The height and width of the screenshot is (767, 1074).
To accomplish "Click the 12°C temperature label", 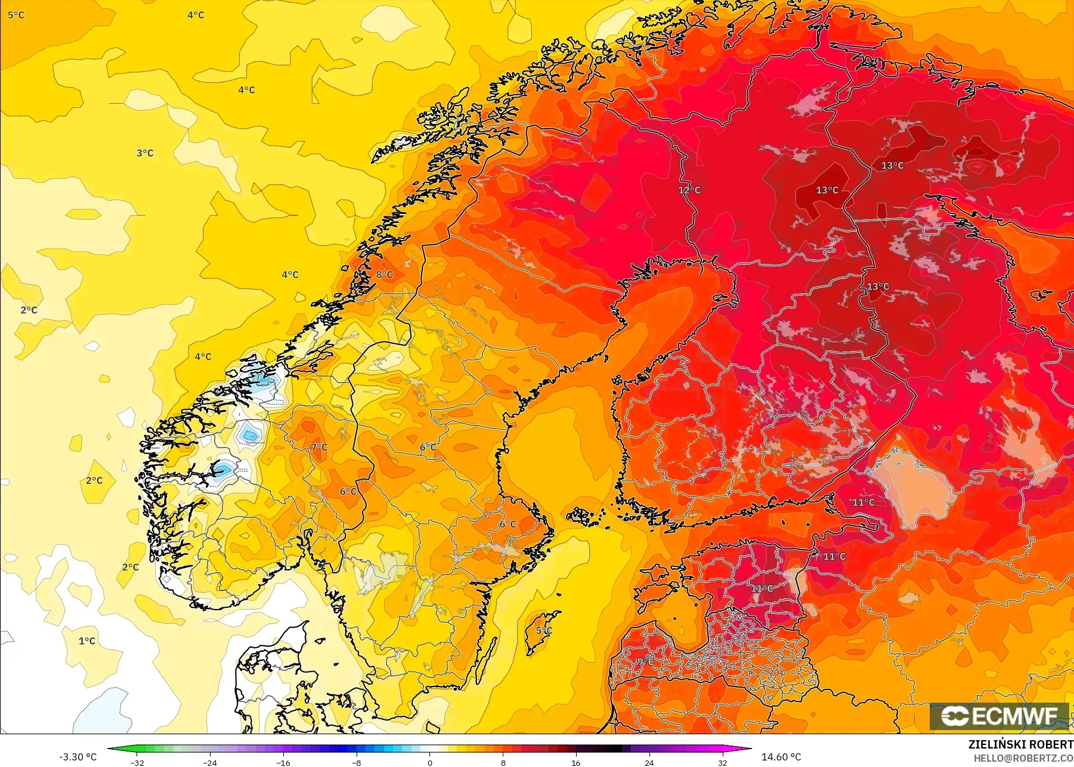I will tap(689, 190).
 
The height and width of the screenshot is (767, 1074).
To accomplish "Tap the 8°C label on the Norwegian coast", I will tap(385, 275).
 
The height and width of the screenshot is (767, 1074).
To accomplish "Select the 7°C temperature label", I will tap(319, 447).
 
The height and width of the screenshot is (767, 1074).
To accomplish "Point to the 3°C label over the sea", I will tap(145, 153).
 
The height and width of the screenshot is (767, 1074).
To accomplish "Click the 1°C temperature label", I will tap(87, 641).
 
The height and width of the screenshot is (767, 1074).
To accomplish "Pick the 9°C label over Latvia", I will tap(645, 662).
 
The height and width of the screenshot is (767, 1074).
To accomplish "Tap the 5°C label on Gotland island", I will tap(544, 631).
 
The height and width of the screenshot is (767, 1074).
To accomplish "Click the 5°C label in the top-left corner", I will tap(16, 15).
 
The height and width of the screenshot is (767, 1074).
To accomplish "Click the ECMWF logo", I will tap(999, 716).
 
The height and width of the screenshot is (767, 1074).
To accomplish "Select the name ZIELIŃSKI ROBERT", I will tap(1020, 744).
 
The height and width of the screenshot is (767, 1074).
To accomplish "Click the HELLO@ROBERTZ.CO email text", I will tap(1023, 759).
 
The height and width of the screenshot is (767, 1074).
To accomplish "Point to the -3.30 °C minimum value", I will tap(78, 757).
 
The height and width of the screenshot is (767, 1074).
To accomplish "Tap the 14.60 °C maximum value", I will tap(781, 757).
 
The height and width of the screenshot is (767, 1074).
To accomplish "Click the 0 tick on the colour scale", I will tap(429, 763).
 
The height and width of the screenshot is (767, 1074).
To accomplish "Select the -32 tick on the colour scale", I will tap(137, 763).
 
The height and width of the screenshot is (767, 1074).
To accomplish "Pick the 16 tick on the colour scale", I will tap(575, 763).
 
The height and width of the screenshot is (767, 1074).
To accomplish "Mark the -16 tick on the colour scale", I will tap(283, 763).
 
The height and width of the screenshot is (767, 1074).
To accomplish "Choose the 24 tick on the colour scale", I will tap(649, 763).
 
